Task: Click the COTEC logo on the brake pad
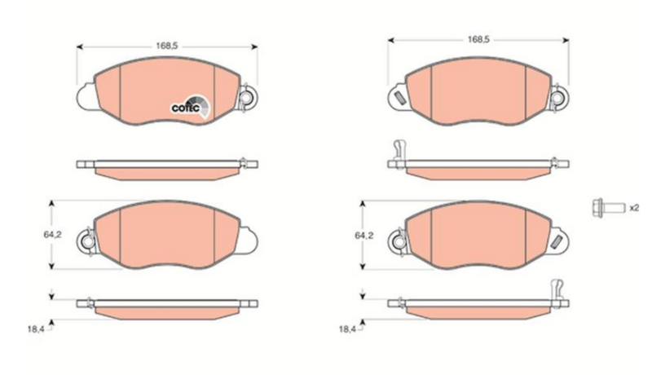[x=191, y=107]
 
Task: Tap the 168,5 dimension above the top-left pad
[x=167, y=46]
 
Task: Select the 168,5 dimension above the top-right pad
[x=478, y=39]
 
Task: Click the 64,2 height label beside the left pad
[x=53, y=235]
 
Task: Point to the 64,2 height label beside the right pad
[x=363, y=236]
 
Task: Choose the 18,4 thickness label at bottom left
[x=36, y=329]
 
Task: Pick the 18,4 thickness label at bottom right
[x=347, y=329]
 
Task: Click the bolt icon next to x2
[x=608, y=207]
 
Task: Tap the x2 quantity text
[x=634, y=207]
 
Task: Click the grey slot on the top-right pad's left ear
[x=400, y=98]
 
